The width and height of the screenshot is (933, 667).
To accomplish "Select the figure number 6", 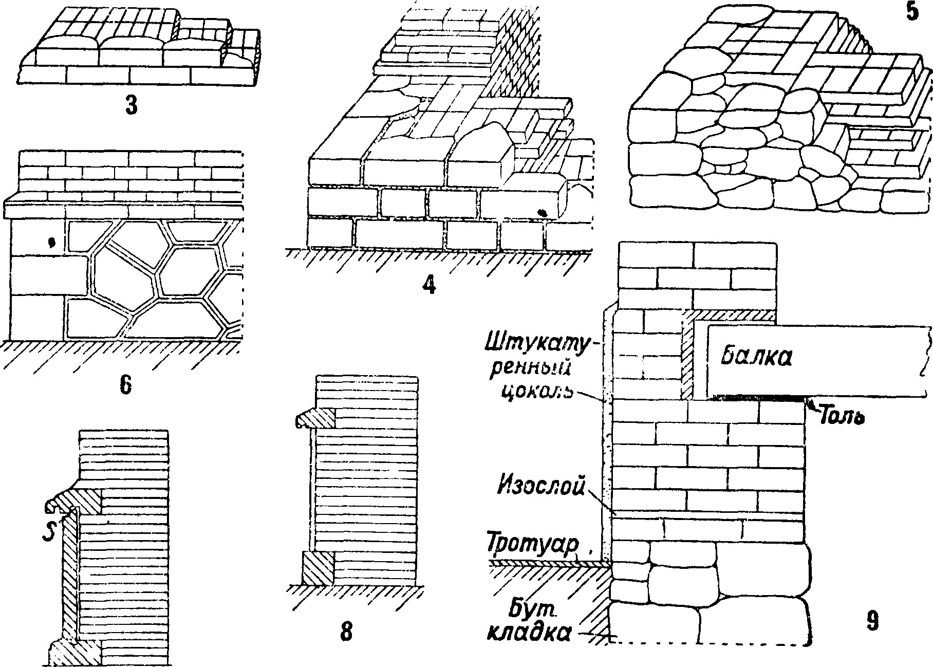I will click(x=125, y=385).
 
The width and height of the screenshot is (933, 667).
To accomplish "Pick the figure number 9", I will click(x=872, y=621).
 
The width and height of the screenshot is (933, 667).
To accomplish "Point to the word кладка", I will click(x=528, y=634).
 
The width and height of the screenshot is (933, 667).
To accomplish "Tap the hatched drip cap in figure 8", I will click(x=315, y=418).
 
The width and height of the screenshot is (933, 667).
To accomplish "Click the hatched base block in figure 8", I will click(x=318, y=568).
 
